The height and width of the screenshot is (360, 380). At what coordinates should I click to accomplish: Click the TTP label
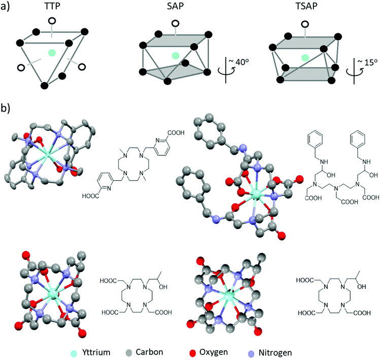click(50, 7)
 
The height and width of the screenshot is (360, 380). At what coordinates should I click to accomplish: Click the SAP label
click(175, 7)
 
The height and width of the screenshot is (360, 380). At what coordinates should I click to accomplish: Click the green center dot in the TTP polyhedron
click(51, 53)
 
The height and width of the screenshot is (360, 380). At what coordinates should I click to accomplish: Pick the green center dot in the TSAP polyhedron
click(303, 57)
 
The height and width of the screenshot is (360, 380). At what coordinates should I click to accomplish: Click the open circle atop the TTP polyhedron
click(51, 21)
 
